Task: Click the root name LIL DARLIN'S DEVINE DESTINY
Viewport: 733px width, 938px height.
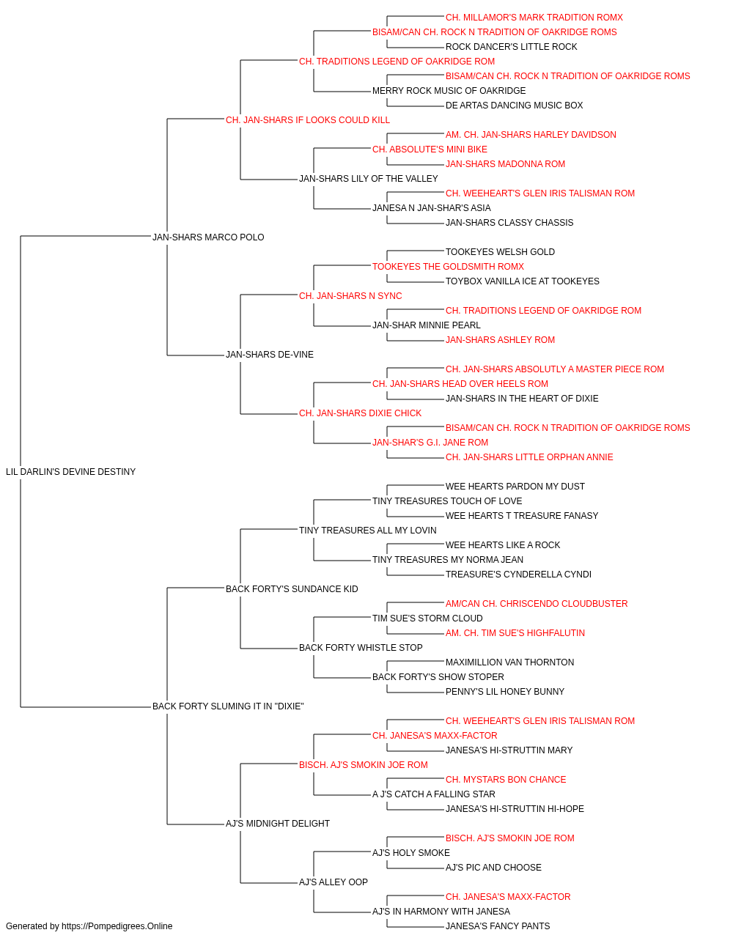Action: click(x=71, y=471)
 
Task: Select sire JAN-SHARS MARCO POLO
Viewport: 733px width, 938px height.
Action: click(x=208, y=237)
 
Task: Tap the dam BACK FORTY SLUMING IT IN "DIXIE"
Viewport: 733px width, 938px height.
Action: click(x=228, y=706)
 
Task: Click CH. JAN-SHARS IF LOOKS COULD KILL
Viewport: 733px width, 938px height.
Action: click(x=307, y=120)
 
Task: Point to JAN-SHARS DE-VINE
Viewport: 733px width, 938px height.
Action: click(x=269, y=355)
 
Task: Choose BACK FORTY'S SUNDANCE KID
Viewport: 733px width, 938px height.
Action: click(x=292, y=588)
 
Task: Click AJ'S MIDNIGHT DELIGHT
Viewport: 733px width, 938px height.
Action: click(x=278, y=823)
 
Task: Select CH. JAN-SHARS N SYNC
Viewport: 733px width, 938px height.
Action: click(x=350, y=295)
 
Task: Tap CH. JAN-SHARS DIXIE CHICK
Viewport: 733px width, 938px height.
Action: click(x=360, y=413)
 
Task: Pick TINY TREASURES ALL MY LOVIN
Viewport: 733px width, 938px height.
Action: click(x=368, y=530)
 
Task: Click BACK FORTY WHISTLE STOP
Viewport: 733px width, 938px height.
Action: click(x=361, y=648)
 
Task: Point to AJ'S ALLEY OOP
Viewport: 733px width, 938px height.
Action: click(x=334, y=882)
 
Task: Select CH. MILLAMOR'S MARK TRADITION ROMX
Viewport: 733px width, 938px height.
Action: click(x=534, y=18)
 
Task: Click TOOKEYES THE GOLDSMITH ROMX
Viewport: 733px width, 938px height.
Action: click(x=448, y=266)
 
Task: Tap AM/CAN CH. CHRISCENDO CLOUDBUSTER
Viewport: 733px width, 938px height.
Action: click(x=537, y=603)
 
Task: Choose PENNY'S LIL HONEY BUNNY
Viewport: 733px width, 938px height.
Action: click(x=504, y=692)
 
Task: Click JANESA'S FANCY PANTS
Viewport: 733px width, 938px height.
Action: click(x=498, y=926)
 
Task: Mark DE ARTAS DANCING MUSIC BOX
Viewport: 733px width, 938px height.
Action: click(x=514, y=106)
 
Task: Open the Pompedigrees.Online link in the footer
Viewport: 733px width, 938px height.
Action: click(x=117, y=926)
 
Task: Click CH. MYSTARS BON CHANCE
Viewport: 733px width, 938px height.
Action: click(x=506, y=779)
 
